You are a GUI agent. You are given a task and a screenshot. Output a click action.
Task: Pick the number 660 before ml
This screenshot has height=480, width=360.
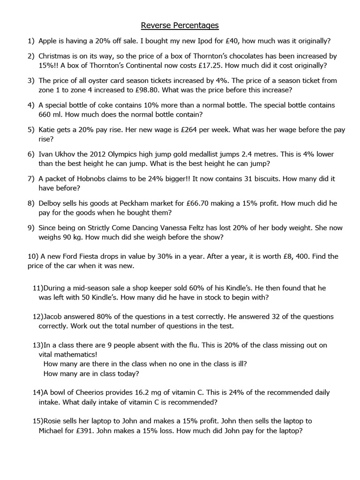tap(45, 114)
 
